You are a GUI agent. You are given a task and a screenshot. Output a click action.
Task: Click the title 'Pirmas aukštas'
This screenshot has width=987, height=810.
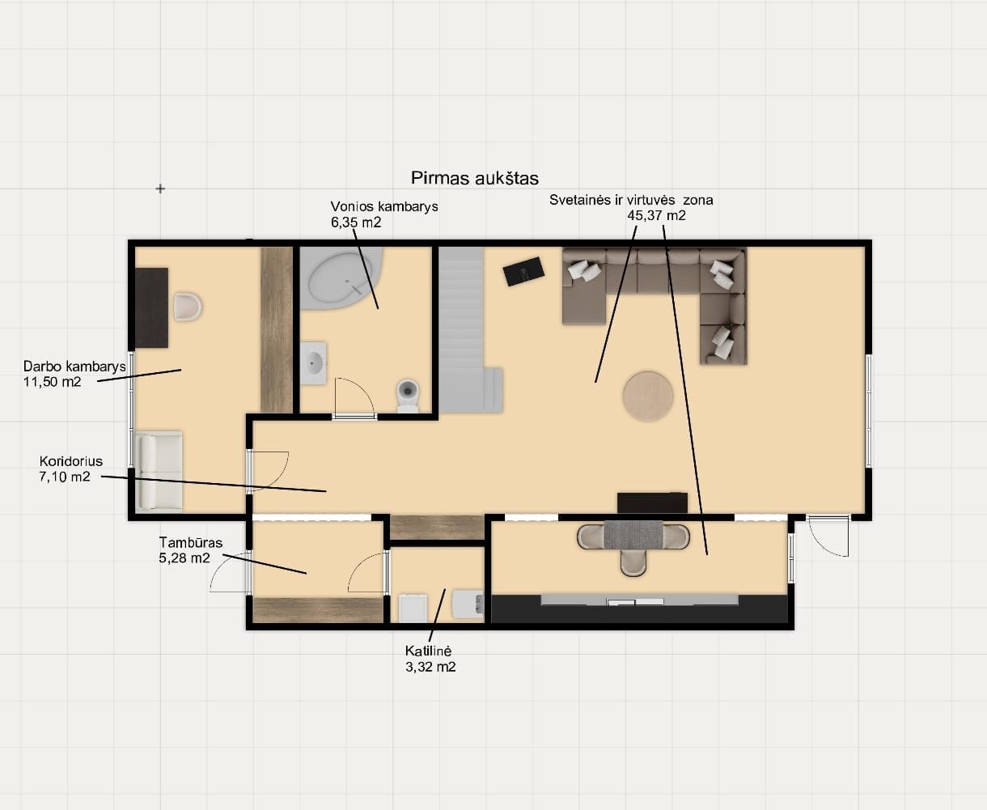(475, 178)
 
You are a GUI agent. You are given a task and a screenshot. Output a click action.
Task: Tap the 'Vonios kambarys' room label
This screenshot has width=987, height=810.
(384, 206)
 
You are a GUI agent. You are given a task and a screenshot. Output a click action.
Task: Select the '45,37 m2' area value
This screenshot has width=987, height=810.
(656, 215)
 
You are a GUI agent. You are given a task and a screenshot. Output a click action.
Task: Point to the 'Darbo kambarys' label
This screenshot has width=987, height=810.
(74, 366)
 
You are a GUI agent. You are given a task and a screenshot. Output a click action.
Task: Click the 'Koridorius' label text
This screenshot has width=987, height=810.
(70, 461)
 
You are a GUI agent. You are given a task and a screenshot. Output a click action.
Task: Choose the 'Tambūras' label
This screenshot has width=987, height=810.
(190, 542)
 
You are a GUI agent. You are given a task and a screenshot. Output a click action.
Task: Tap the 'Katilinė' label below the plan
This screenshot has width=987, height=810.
(428, 651)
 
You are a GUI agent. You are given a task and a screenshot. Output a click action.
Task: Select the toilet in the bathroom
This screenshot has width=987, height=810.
(408, 395)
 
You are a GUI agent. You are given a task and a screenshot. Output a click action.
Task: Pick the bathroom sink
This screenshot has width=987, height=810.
(313, 363)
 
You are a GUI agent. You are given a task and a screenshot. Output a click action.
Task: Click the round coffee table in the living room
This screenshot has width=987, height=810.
(648, 397)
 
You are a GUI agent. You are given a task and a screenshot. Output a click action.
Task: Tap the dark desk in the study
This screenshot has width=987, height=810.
(151, 307)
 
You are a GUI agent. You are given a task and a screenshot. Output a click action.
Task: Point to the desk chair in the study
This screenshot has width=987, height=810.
(188, 307)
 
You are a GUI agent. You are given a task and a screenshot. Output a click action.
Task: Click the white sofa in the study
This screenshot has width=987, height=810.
(159, 471)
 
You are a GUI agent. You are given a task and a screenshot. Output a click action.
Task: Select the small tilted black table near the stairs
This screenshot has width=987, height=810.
(523, 271)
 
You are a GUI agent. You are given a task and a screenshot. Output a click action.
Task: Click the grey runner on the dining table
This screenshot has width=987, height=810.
(633, 534)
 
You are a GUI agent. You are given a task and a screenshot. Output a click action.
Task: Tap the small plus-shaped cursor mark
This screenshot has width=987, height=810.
(160, 189)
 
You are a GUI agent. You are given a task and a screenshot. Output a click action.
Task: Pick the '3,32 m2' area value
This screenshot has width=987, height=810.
(430, 667)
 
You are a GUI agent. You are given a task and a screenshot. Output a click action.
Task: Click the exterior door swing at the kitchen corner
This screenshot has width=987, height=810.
(829, 536)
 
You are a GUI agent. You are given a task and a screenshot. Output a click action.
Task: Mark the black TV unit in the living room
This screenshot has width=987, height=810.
(652, 503)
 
